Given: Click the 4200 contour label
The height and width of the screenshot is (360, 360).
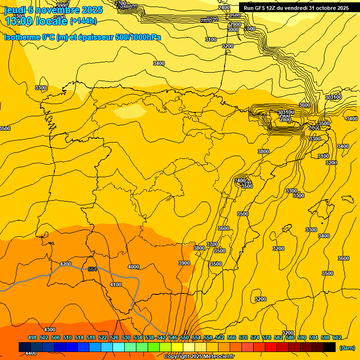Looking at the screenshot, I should pyautogui.click(x=66, y=264).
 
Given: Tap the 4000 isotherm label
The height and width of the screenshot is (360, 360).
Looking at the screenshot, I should pyautogui.click(x=134, y=267).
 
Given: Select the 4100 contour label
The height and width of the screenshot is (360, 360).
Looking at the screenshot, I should pyautogui.click(x=116, y=285).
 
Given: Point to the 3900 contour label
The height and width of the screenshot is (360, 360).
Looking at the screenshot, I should pyautogui.click(x=184, y=263).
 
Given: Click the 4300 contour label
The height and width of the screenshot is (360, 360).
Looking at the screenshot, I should pyautogui.click(x=49, y=330).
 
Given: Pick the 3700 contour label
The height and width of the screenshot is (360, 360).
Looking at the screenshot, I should pyautogui.click(x=212, y=244).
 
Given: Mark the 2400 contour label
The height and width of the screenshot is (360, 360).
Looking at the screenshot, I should pyautogui.click(x=224, y=7).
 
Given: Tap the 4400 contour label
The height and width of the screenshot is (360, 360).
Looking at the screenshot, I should pyautogui.click(x=31, y=353).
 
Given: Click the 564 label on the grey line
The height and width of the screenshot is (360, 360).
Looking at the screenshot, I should pyautogui.click(x=92, y=269).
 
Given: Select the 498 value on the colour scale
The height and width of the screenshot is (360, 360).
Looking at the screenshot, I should pyautogui.click(x=32, y=337).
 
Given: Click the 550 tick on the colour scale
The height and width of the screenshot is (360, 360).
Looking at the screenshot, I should pyautogui.click(x=184, y=337).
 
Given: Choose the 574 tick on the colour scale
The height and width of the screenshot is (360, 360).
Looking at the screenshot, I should pyautogui.click(x=255, y=337).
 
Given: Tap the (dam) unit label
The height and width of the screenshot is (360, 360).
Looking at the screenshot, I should pyautogui.click(x=347, y=348).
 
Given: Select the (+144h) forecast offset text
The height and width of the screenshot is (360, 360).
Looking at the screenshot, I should pyautogui.click(x=83, y=21).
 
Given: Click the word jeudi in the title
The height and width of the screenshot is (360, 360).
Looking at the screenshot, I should pyautogui.click(x=15, y=9).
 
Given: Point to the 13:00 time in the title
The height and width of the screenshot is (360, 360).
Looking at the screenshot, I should pyautogui.click(x=18, y=21).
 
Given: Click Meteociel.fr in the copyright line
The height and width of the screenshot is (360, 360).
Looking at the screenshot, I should pyautogui.click(x=216, y=357).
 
